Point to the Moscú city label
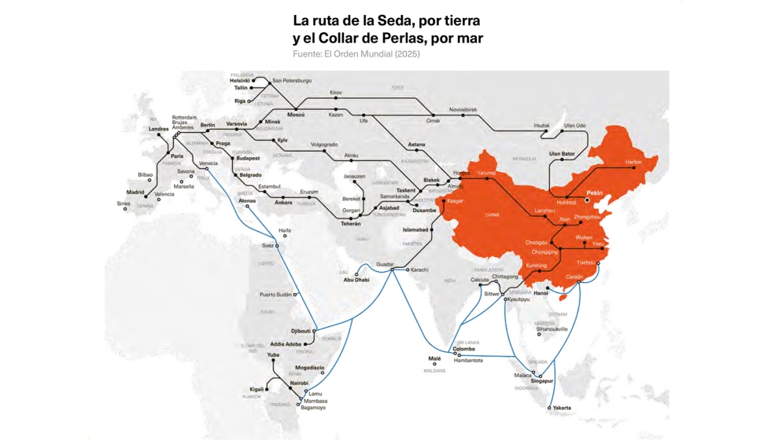(296, 115)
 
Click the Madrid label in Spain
(135, 192)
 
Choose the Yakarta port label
(562, 408)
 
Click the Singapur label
(542, 381)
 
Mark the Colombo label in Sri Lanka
(464, 349)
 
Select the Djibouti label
(301, 331)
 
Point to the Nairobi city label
(299, 383)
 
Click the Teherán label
(351, 224)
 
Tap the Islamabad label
(415, 229)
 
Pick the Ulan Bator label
(562, 153)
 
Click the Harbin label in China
(633, 162)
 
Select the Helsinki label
(240, 80)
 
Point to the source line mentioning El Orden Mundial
(356, 54)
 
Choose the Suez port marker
(276, 246)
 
